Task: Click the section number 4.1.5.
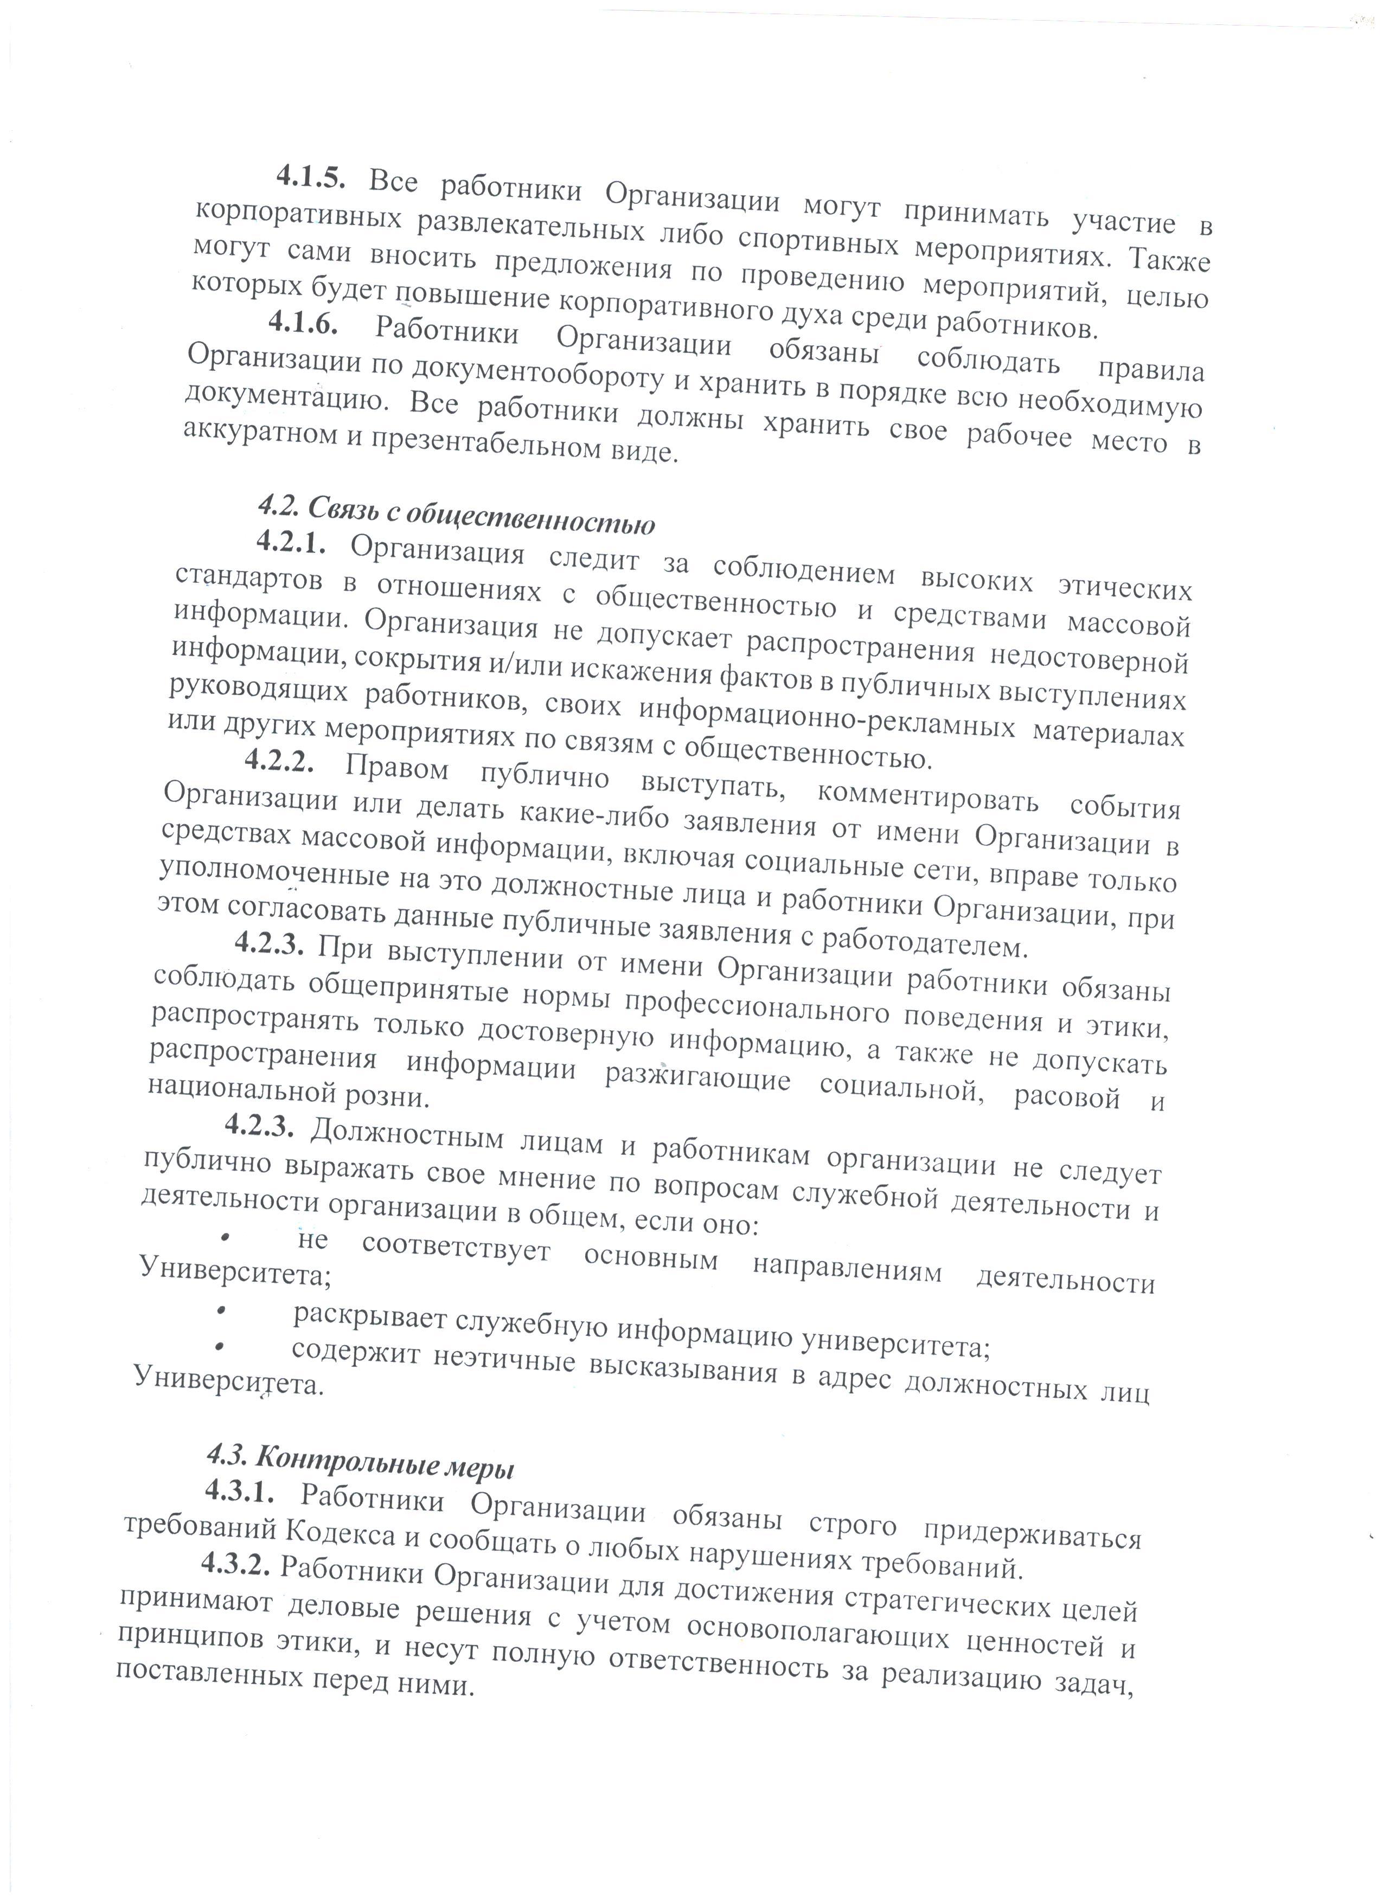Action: coord(310,178)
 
